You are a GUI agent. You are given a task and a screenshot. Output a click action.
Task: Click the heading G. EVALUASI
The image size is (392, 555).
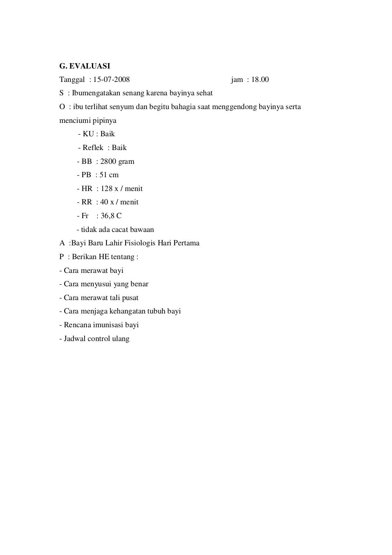(x=85, y=66)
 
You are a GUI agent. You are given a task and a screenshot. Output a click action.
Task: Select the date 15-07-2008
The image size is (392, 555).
(x=111, y=80)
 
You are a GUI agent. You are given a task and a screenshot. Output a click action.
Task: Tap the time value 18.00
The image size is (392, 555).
(x=260, y=80)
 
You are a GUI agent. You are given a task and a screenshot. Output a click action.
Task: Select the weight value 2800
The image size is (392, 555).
(x=108, y=162)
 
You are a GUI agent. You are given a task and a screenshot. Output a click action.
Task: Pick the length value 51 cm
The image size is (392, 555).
(x=109, y=175)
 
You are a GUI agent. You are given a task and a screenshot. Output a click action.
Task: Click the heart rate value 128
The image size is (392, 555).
(x=107, y=189)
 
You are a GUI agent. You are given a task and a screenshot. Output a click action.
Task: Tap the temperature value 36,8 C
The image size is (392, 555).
(x=111, y=216)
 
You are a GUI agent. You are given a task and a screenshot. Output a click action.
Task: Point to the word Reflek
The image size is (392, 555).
(x=93, y=148)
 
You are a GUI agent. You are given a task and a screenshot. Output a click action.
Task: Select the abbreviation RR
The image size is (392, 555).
(x=87, y=202)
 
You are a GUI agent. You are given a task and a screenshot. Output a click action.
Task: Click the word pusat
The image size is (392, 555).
(x=130, y=298)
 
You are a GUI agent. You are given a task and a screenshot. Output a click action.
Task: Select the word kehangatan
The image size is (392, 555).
(x=129, y=311)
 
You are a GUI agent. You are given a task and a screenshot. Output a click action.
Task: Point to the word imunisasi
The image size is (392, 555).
(x=109, y=325)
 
